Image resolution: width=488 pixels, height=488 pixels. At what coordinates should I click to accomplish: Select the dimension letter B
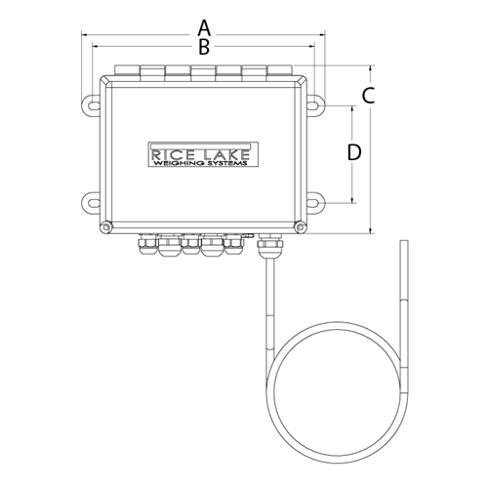[204, 46]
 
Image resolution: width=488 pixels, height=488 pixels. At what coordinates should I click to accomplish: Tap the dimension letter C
[368, 96]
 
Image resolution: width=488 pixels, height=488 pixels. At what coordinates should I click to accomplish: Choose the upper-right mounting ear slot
[317, 102]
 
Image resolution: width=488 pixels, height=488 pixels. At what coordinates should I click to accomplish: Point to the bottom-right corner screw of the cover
[299, 228]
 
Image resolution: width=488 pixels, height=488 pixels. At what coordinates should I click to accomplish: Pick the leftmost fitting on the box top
[126, 71]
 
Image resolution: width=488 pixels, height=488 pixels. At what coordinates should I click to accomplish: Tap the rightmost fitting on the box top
[279, 71]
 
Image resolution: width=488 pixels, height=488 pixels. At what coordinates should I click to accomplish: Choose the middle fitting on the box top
[202, 71]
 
